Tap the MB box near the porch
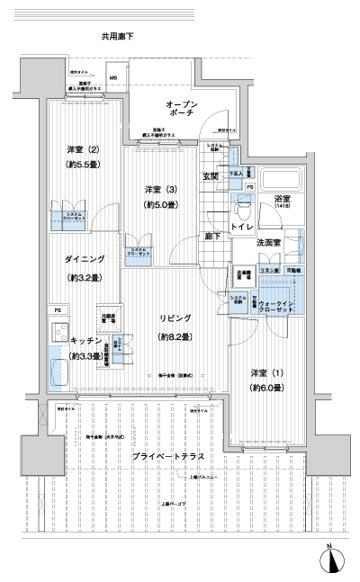[x=113, y=78]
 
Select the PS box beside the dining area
[x=56, y=312]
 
